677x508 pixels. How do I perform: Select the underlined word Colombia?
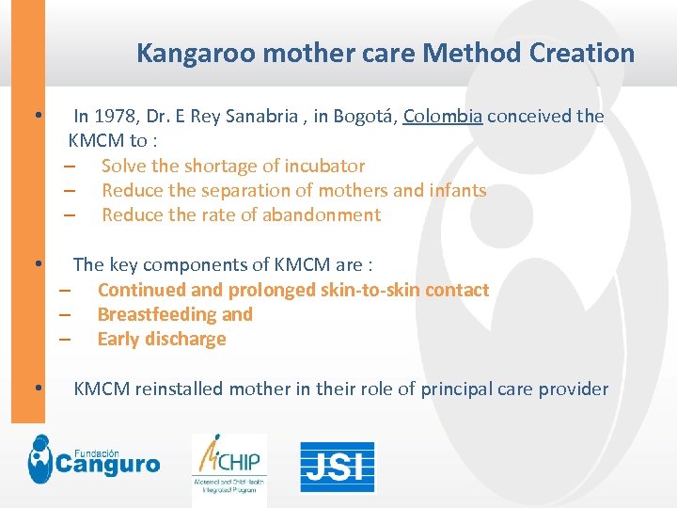443,117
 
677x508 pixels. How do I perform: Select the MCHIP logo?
230,464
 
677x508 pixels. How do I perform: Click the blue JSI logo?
337,467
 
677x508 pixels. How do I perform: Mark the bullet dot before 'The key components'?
35,264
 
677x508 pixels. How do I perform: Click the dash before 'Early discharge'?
66,340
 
